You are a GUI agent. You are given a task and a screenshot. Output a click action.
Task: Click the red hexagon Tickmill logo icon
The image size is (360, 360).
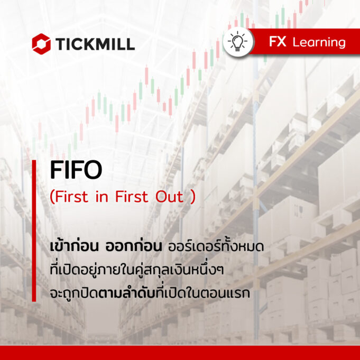[x=41, y=44]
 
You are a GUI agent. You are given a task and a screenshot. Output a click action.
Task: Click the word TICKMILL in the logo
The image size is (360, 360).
[x=95, y=44]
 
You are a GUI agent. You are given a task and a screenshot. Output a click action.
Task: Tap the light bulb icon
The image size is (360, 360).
[x=238, y=42]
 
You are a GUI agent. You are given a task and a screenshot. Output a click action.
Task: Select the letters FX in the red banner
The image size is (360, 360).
[x=278, y=42]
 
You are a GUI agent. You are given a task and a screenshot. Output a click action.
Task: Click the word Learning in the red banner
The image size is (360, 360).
[x=319, y=43]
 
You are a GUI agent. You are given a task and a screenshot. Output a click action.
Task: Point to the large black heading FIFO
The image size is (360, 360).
[x=76, y=170]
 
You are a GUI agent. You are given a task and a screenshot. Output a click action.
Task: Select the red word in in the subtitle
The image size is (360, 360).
[x=101, y=197]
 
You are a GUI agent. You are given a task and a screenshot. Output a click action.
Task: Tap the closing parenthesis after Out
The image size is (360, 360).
[x=192, y=197]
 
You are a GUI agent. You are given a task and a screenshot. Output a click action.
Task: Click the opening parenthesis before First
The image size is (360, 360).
[x=52, y=197]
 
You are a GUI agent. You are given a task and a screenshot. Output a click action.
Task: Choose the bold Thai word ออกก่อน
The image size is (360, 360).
[x=134, y=246]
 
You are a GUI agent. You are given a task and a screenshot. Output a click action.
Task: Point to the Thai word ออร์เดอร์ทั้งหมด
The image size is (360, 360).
[x=216, y=246]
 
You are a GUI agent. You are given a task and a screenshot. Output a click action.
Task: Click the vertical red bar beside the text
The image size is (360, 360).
[x=34, y=230]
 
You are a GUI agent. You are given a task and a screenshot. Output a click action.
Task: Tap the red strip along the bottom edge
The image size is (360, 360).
[x=180, y=353]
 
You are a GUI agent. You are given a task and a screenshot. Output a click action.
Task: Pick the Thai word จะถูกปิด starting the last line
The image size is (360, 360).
[x=74, y=293]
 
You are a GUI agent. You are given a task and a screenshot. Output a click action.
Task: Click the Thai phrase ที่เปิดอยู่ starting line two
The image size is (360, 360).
[x=72, y=269]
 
